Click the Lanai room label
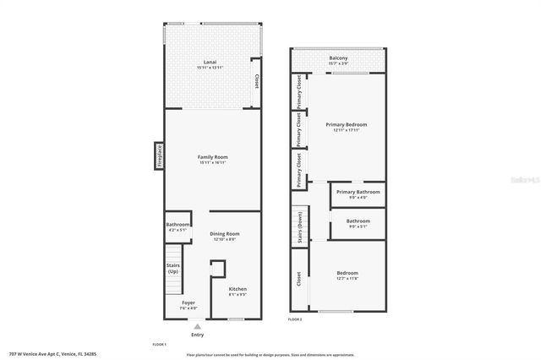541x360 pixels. [213, 62]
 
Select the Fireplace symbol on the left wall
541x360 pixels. [158, 155]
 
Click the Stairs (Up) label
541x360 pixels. [172, 269]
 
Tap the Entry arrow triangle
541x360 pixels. [198, 325]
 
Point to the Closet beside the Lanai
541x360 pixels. [256, 82]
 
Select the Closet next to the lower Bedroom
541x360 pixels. [298, 279]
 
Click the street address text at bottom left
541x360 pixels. [52, 353]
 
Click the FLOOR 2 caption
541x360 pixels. [294, 319]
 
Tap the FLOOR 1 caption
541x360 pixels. [159, 345]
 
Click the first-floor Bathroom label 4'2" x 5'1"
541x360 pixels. [178, 226]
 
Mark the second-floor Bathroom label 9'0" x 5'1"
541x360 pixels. [358, 223]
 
